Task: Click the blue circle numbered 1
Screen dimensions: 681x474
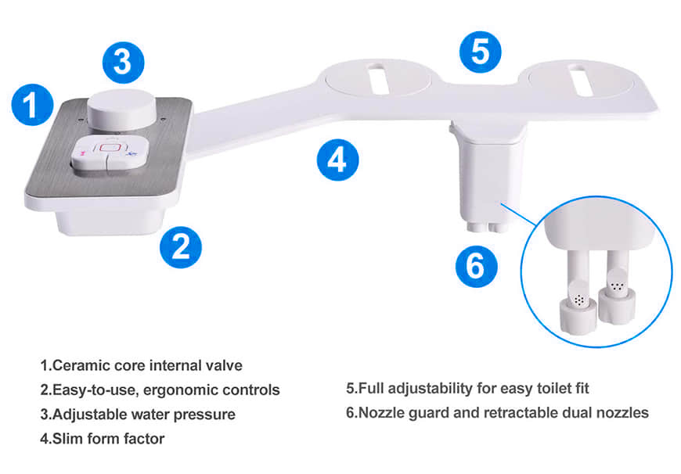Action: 32,105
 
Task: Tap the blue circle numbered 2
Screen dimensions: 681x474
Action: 181,247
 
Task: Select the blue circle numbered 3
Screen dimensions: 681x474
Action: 124,62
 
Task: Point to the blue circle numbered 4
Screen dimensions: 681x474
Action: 338,160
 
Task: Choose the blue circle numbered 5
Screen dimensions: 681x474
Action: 481,52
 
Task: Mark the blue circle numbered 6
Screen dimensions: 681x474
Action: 477,266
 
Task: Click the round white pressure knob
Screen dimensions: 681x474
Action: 122,109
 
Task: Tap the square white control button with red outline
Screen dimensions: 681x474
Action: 110,153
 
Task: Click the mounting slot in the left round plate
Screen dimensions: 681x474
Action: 378,78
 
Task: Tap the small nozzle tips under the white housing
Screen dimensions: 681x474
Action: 488,228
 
